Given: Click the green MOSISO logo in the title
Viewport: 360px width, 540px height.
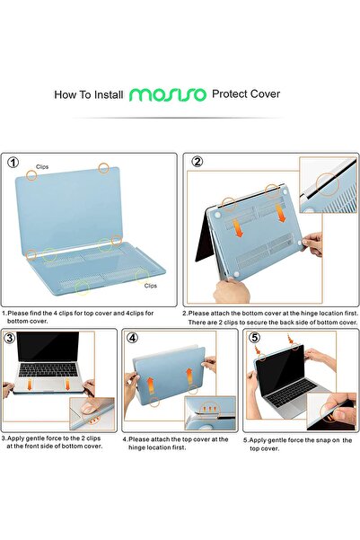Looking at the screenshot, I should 168,93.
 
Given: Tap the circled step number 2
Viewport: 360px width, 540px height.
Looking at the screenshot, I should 197,163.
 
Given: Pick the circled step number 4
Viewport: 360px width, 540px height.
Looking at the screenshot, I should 133,339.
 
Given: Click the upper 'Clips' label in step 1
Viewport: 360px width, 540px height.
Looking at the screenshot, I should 43,167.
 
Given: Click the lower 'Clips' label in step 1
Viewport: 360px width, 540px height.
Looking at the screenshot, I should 150,285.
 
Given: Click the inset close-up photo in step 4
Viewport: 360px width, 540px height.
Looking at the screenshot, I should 211,412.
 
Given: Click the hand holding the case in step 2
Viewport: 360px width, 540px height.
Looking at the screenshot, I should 312,242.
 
